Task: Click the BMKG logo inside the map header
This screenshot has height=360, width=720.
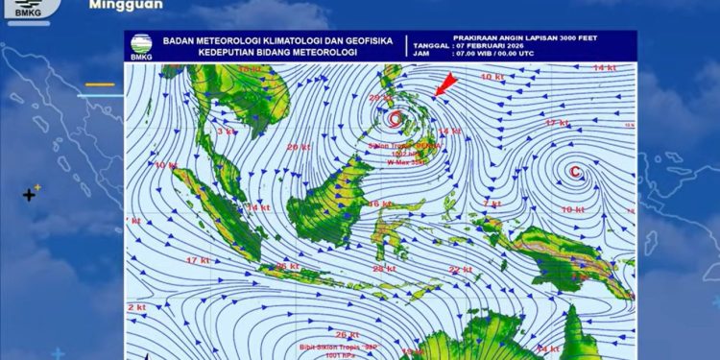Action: tap(140, 47)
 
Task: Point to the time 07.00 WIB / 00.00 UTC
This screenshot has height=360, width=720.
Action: tap(500, 55)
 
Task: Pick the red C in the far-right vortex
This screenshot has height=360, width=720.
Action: tap(574, 173)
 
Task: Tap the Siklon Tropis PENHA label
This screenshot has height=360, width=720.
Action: tap(403, 146)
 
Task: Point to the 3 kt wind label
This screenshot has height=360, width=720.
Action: tap(227, 131)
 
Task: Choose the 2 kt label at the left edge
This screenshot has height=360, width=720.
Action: tap(135, 307)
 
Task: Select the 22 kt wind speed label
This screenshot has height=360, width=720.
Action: tap(461, 270)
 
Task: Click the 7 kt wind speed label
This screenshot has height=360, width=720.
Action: tap(492, 204)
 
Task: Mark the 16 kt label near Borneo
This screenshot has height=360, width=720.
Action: tap(380, 204)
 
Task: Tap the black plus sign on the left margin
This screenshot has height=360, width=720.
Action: tap(30, 195)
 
